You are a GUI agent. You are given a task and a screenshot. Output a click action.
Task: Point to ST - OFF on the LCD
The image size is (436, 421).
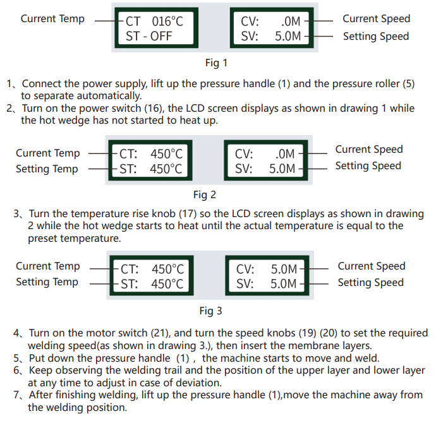tap(148, 36)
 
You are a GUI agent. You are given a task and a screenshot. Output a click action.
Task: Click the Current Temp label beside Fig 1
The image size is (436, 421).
tap(52, 19)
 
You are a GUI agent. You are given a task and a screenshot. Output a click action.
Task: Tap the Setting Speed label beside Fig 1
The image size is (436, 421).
tap(376, 36)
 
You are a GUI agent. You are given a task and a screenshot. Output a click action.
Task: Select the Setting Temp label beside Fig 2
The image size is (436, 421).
tap(47, 169)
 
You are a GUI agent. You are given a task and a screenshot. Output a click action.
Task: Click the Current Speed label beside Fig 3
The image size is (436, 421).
tap(371, 266)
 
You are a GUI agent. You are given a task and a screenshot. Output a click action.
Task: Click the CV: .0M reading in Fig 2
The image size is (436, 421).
tap(265, 153)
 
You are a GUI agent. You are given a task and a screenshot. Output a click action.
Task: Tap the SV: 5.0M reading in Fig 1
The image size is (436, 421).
tap(271, 36)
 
